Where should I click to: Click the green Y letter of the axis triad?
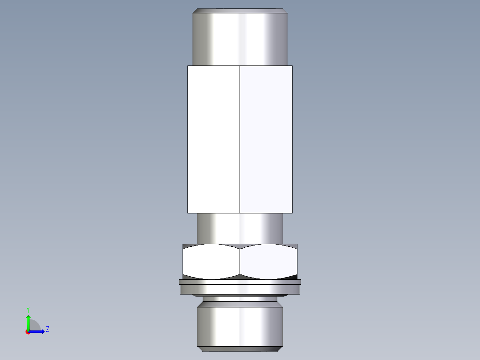[28, 310]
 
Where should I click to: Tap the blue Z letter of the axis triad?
[47, 329]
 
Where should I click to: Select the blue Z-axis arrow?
[38, 331]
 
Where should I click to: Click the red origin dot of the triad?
[28, 332]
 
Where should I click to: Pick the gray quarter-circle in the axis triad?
[34, 326]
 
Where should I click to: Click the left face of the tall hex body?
[214, 139]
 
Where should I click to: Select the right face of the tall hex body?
[266, 139]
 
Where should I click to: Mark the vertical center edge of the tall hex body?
[240, 139]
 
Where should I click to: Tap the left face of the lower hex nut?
[211, 262]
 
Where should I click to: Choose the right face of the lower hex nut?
[268, 262]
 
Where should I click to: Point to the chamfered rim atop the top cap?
[240, 10]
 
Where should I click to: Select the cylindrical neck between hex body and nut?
[240, 228]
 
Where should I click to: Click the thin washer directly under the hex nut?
[240, 282]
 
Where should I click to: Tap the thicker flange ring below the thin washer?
[240, 289]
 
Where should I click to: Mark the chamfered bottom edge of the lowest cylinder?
[240, 348]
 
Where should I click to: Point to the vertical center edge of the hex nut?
[240, 262]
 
